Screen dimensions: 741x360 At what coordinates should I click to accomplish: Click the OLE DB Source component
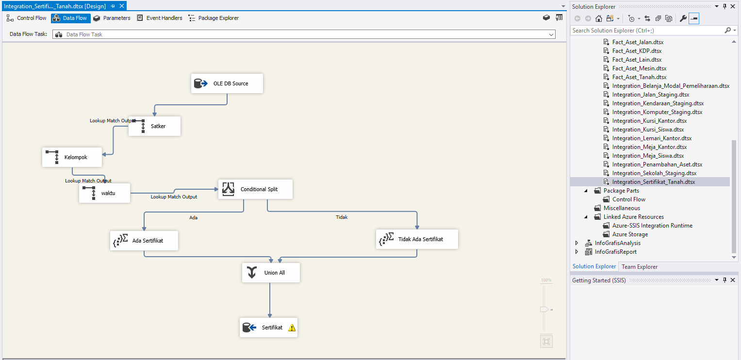(227, 83)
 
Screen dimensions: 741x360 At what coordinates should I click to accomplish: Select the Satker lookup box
(154, 126)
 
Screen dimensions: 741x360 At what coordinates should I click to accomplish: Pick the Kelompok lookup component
(72, 157)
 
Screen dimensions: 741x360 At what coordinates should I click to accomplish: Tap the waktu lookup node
(104, 193)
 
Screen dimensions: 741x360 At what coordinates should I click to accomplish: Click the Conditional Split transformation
(255, 189)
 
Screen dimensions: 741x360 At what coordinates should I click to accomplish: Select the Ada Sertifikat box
(144, 241)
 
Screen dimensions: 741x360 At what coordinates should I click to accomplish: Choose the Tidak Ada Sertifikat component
(417, 239)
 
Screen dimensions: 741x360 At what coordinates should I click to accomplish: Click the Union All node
(271, 273)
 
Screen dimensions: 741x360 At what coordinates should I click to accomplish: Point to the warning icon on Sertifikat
(292, 327)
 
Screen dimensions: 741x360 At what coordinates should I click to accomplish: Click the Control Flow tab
(27, 18)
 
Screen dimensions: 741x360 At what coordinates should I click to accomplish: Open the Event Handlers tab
(160, 18)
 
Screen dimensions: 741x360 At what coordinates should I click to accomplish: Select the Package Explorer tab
(214, 18)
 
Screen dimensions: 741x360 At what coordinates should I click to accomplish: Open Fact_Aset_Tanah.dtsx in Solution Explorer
(639, 77)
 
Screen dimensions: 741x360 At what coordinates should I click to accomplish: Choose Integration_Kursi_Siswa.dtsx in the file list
(648, 130)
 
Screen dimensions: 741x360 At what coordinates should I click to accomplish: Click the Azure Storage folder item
(630, 234)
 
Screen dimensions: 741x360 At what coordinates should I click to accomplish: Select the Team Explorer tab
(640, 267)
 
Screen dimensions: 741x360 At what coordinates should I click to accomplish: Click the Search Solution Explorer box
(648, 31)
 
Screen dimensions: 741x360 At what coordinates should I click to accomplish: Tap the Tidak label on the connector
(342, 217)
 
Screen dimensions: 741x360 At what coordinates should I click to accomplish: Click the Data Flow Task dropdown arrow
(551, 34)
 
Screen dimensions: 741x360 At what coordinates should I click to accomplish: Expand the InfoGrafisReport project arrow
(576, 251)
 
